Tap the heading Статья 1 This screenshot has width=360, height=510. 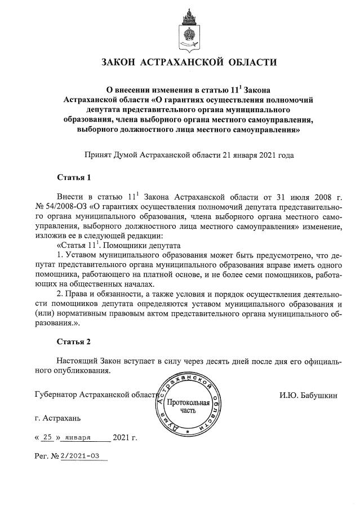coord(74,178)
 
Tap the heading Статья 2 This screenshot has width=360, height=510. coord(74,342)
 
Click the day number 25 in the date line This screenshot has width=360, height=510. coord(48,437)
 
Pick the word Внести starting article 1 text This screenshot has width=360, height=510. coord(70,197)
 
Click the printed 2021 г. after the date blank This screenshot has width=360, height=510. coord(125,437)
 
